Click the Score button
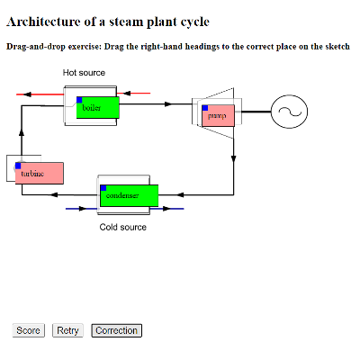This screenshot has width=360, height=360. pyautogui.click(x=29, y=330)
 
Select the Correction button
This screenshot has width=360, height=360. pyautogui.click(x=116, y=330)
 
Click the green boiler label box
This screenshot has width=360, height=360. pyautogui.click(x=97, y=107)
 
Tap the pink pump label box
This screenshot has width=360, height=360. pyautogui.click(x=218, y=115)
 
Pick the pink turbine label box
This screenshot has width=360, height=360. pyautogui.click(x=40, y=173)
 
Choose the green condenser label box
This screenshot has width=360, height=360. pyautogui.click(x=129, y=195)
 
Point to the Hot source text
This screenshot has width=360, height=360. pyautogui.click(x=84, y=72)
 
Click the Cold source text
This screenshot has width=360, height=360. pyautogui.click(x=122, y=227)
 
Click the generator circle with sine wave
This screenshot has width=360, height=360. pyautogui.click(x=290, y=112)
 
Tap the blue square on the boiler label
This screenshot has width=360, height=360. pyautogui.click(x=80, y=100)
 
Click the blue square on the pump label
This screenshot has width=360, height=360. pyautogui.click(x=205, y=108)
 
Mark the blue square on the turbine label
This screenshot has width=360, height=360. pyautogui.click(x=19, y=166)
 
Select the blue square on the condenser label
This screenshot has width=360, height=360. pyautogui.click(x=103, y=188)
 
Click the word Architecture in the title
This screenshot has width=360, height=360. pyautogui.click(x=49, y=21)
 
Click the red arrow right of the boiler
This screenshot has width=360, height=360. pyautogui.click(x=135, y=93)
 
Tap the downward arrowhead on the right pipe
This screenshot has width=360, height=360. pyautogui.click(x=233, y=158)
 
